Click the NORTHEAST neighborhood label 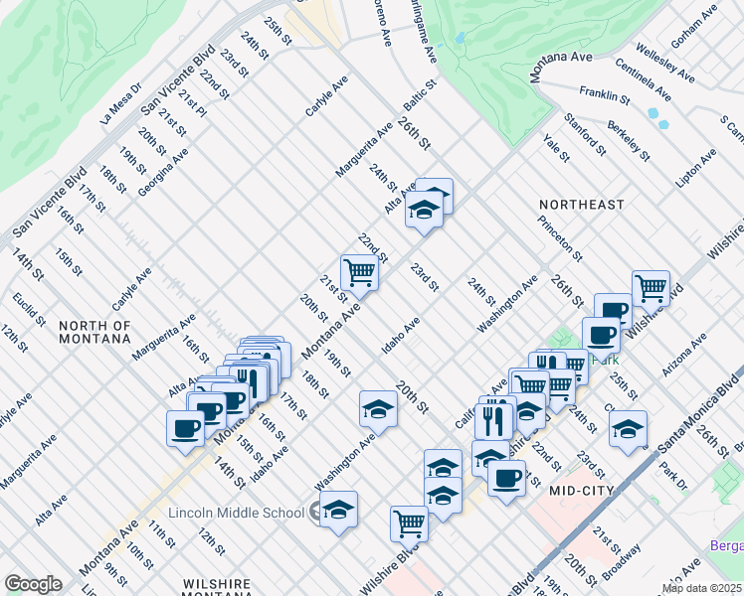[x=582, y=205]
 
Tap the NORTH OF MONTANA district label [x=94, y=332]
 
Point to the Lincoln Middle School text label [x=236, y=513]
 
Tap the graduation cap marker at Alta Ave [x=425, y=211]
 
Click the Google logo [x=33, y=584]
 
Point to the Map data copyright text [x=702, y=588]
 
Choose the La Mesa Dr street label [x=121, y=104]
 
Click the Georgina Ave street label [x=163, y=172]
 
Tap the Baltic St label [x=420, y=96]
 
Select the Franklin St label [x=605, y=94]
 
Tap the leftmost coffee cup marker [x=185, y=428]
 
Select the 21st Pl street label [x=192, y=100]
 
